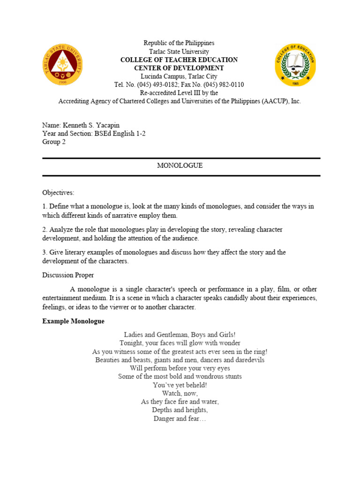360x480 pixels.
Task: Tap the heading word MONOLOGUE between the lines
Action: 180,166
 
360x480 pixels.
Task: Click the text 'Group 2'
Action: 54,142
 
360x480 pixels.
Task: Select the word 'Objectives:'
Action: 58,193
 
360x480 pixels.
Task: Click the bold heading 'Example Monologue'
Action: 73,322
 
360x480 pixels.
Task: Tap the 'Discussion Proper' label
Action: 68,275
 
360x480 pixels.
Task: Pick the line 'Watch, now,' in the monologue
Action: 180,393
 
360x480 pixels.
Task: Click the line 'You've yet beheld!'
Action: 180,385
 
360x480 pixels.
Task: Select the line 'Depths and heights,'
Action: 180,410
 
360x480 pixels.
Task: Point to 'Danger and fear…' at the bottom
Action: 180,419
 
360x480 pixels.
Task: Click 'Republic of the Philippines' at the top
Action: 179,43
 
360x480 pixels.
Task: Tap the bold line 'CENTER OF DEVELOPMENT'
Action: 179,68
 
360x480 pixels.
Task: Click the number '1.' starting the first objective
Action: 45,207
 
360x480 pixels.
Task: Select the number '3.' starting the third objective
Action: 45,253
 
